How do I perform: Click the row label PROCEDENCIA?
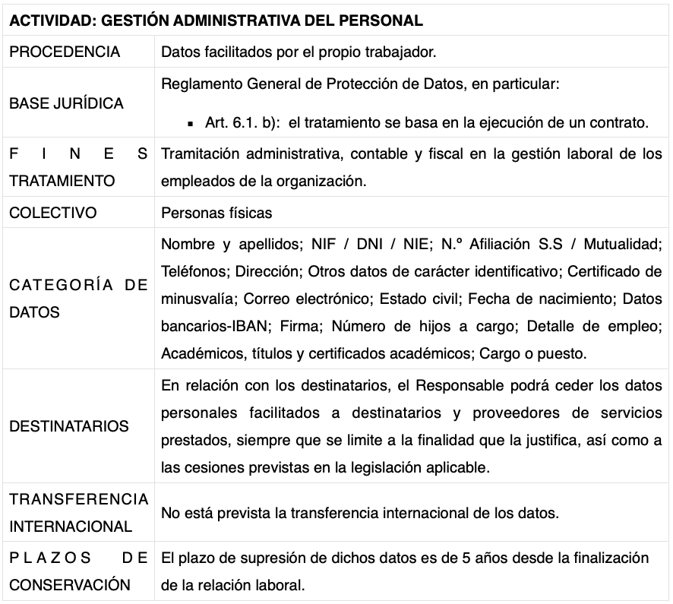(65, 52)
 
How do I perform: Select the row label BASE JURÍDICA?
(66, 103)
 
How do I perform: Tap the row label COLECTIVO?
(53, 213)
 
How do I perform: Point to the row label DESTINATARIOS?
(69, 426)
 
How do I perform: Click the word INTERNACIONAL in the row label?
(71, 526)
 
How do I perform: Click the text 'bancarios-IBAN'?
(208, 326)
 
